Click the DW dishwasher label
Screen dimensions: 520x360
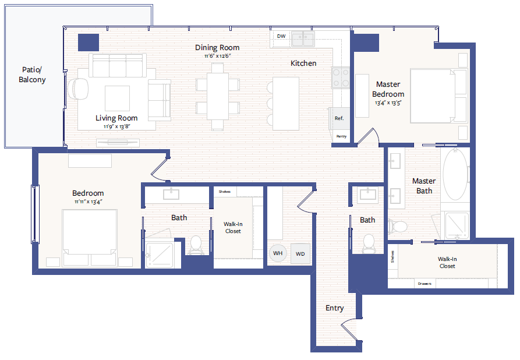tap(281, 36)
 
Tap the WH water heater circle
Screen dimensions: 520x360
tap(278, 253)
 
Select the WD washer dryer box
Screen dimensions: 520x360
tap(300, 254)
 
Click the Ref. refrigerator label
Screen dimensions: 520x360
tap(339, 118)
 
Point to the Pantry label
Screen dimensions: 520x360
tap(341, 136)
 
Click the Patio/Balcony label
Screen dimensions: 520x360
tap(32, 75)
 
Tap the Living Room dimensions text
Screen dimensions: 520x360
tap(116, 126)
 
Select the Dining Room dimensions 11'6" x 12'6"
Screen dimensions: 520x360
tap(217, 56)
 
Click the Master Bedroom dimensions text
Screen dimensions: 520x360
tap(388, 103)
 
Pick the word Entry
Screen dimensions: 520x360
tap(335, 308)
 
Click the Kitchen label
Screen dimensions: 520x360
tap(303, 63)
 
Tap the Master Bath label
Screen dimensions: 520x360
tap(424, 186)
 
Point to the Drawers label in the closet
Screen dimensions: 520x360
tap(425, 284)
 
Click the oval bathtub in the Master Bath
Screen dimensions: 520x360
tap(455, 175)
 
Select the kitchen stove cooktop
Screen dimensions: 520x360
tap(341, 77)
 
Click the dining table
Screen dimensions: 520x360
tap(218, 96)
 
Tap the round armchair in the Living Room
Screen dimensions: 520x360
tap(78, 89)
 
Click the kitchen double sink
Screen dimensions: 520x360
tap(302, 39)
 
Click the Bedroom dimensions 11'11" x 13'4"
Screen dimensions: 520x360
tap(88, 202)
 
